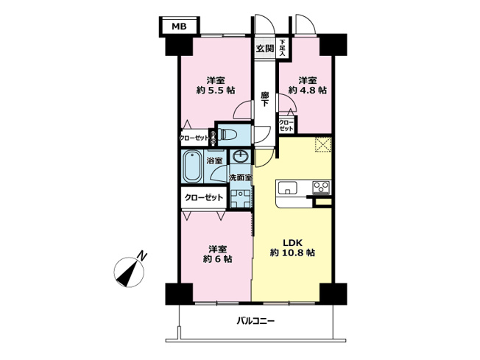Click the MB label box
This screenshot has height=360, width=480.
[x=180, y=27]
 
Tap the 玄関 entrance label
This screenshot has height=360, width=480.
[x=265, y=49]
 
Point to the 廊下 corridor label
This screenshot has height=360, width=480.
[x=264, y=99]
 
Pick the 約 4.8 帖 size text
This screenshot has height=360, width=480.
[x=308, y=91]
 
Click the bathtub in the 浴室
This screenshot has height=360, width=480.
[x=192, y=167]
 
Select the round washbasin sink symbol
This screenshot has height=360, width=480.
[x=239, y=157]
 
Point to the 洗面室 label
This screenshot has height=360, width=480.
[x=240, y=177]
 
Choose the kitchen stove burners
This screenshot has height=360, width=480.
[x=321, y=186]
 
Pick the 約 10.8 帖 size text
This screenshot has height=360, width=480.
[x=292, y=253]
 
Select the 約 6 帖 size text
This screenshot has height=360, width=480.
[x=215, y=260]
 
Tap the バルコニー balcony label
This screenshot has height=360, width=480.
[x=255, y=320]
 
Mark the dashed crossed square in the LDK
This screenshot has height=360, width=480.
[x=322, y=144]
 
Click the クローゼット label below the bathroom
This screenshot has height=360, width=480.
[x=203, y=197]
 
